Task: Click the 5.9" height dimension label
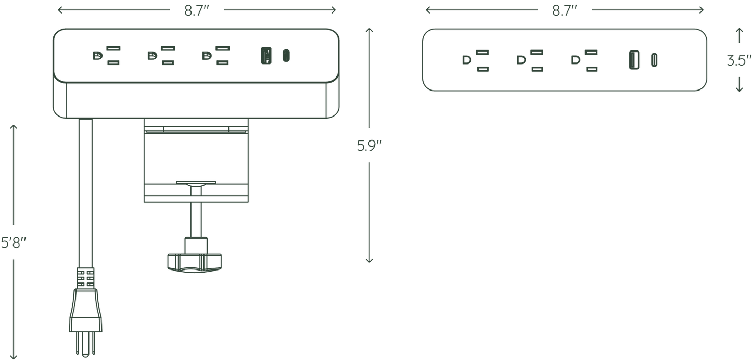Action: (x=369, y=146)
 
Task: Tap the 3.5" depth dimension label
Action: (x=739, y=61)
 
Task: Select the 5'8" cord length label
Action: (x=14, y=242)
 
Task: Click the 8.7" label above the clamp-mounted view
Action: (x=197, y=11)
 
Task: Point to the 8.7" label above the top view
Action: (x=565, y=11)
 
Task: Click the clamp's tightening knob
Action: (x=195, y=263)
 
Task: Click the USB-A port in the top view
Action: (x=634, y=60)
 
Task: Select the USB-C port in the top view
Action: (x=654, y=60)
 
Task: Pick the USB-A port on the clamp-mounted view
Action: (x=266, y=55)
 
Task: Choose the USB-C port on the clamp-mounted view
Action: (x=286, y=56)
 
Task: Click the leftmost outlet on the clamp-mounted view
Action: (x=107, y=56)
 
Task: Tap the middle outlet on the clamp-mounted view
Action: (x=161, y=56)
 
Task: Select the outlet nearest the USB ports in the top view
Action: (x=584, y=61)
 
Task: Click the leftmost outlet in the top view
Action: (x=475, y=61)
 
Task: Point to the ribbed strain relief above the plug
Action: (x=85, y=278)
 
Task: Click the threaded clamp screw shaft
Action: (x=196, y=212)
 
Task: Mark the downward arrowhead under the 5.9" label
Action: (x=369, y=260)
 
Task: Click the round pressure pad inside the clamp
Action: (x=196, y=183)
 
